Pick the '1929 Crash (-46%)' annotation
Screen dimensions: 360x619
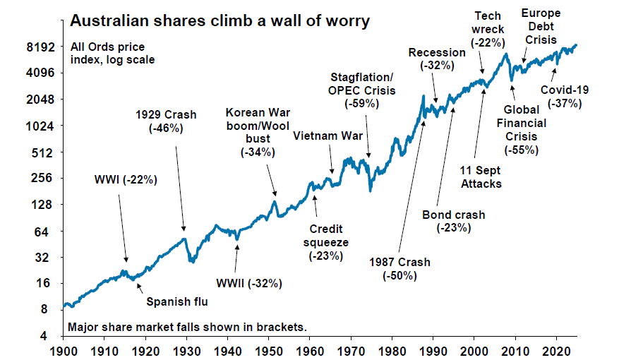[166, 121]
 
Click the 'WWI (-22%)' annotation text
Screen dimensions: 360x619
[126, 179]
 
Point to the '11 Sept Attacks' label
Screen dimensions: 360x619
[481, 177]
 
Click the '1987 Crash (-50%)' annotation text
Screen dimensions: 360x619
[400, 269]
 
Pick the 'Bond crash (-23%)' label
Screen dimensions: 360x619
[453, 221]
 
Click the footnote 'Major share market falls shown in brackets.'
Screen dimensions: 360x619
[187, 328]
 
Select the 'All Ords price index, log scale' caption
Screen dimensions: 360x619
[112, 54]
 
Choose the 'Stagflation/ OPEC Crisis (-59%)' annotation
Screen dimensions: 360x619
[363, 90]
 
